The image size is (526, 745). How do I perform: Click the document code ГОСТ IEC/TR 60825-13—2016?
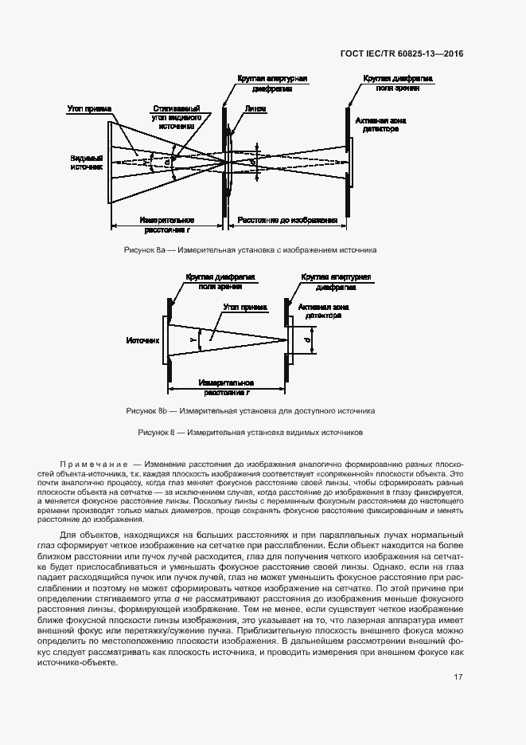[401, 54]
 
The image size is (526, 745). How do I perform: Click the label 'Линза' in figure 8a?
[256, 109]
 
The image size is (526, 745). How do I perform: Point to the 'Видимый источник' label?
[87, 163]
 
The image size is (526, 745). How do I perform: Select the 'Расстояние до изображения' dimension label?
[287, 220]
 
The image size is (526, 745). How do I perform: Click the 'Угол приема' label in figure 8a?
[89, 108]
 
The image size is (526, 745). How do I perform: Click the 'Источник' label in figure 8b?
[143, 340]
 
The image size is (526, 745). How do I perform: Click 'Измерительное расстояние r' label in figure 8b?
[227, 387]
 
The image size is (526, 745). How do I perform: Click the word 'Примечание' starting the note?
[94, 463]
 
